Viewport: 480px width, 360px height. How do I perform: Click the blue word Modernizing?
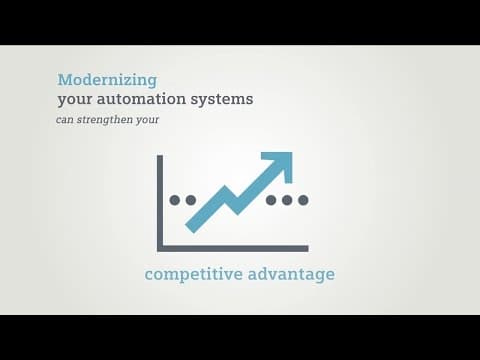pyautogui.click(x=107, y=80)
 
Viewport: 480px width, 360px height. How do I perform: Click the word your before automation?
pyautogui.click(x=75, y=100)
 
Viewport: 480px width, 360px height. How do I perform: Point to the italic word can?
pyautogui.click(x=64, y=120)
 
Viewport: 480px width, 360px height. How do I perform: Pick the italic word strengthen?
pyautogui.click(x=105, y=119)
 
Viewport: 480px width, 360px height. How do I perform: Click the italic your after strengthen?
pyautogui.click(x=147, y=120)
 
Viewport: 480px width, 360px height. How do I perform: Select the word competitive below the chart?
pyautogui.click(x=194, y=274)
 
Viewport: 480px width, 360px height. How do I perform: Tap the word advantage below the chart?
pyautogui.click(x=291, y=274)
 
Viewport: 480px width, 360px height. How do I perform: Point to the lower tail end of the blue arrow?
pyautogui.click(x=190, y=228)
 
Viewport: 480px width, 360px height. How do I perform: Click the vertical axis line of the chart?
pyautogui.click(x=160, y=203)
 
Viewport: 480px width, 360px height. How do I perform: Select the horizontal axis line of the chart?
pyautogui.click(x=233, y=249)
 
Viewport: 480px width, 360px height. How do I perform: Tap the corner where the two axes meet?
pyautogui.click(x=160, y=249)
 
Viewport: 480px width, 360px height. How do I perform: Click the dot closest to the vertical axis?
pyautogui.click(x=175, y=200)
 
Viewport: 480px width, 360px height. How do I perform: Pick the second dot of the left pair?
pyautogui.click(x=191, y=200)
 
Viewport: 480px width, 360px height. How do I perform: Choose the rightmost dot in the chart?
pyautogui.click(x=303, y=200)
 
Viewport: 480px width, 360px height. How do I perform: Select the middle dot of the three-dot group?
pyautogui.click(x=287, y=200)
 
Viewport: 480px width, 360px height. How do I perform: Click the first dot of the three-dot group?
pyautogui.click(x=271, y=200)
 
